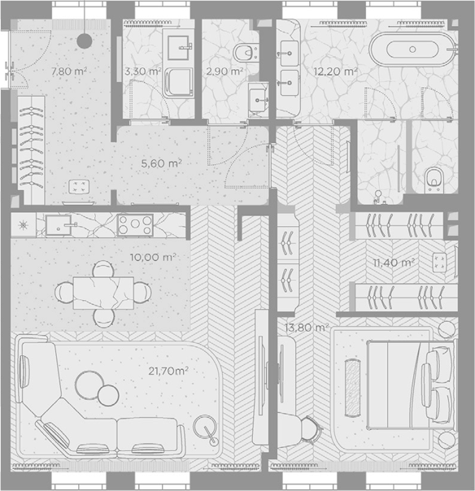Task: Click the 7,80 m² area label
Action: click(x=69, y=71)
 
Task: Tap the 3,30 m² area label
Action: click(x=143, y=72)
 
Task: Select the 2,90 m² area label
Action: click(x=224, y=72)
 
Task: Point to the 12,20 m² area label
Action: click(x=336, y=72)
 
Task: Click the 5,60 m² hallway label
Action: click(x=161, y=163)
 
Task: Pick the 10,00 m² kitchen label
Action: click(x=153, y=258)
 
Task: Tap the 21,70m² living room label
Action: click(x=168, y=371)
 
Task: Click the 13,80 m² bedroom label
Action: click(x=307, y=328)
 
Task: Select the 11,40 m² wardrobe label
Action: click(x=394, y=263)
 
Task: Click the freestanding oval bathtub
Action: click(x=412, y=50)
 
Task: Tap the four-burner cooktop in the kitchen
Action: click(x=135, y=224)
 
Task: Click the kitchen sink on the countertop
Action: click(x=59, y=225)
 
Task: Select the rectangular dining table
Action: click(x=103, y=293)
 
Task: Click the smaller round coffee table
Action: click(x=108, y=396)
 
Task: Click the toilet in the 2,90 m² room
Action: click(x=246, y=53)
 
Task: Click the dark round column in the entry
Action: click(x=85, y=41)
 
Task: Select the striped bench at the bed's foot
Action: click(x=352, y=388)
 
